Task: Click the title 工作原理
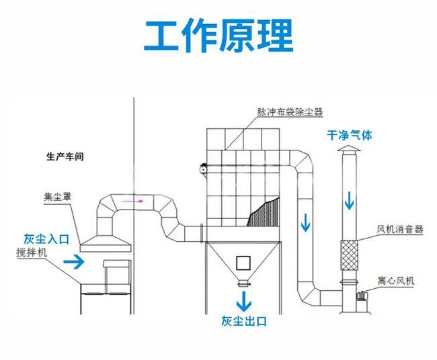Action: (218, 36)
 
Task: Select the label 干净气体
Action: (349, 135)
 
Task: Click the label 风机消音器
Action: (400, 229)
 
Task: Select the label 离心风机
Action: (395, 281)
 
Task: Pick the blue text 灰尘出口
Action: (243, 321)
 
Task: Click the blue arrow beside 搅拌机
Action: (74, 262)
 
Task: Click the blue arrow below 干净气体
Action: (349, 199)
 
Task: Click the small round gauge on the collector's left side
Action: (202, 170)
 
